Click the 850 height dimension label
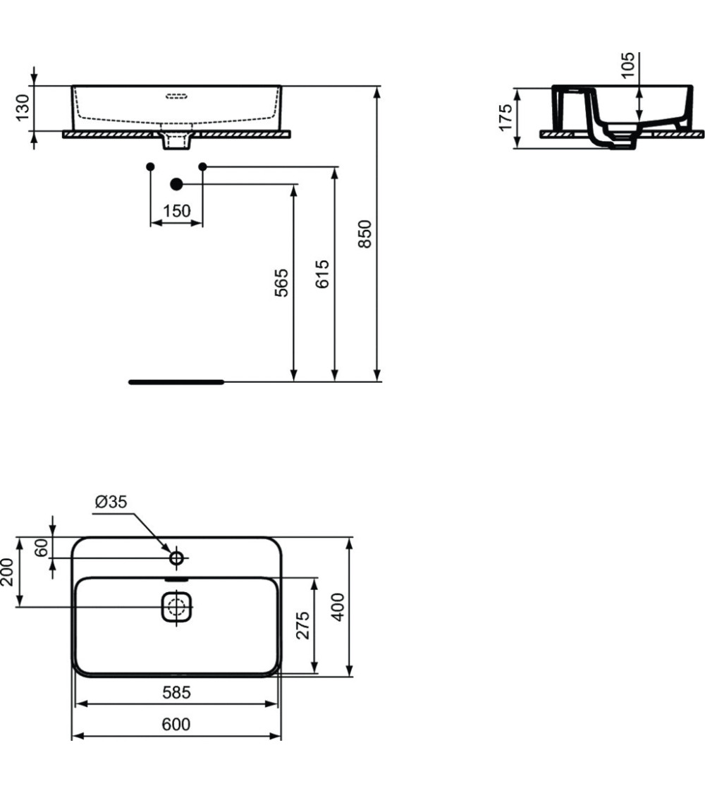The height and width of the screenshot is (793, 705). tap(364, 233)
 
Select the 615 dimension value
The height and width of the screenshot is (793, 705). tap(322, 273)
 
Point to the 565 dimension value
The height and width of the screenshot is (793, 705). tap(281, 282)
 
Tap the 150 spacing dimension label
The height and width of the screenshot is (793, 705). tap(176, 211)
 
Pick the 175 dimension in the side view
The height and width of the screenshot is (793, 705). tap(505, 118)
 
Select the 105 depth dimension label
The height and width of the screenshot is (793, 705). tap(628, 65)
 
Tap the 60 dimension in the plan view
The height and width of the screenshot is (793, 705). tap(42, 548)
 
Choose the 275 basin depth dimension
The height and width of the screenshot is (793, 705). tap(302, 625)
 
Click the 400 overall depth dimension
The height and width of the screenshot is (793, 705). tap(338, 607)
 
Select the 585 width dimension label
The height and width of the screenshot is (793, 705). tap(176, 693)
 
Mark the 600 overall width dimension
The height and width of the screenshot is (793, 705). tap(176, 725)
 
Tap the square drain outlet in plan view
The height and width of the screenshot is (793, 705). tap(176, 607)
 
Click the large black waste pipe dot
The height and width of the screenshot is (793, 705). tap(176, 184)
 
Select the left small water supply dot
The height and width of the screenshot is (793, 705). tap(150, 166)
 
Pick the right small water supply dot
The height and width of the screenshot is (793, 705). tap(203, 166)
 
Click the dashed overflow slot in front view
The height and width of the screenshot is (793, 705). tap(176, 95)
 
